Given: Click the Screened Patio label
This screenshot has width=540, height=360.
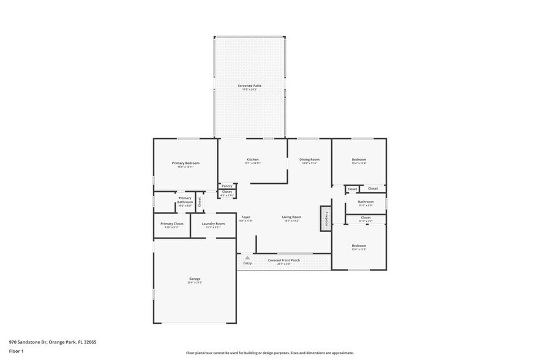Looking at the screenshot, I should tap(250, 86).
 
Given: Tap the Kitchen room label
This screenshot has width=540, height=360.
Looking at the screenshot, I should tap(253, 159).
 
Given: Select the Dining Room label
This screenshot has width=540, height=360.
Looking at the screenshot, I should tap(309, 159).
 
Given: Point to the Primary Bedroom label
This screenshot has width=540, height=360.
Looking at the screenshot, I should tap(186, 163).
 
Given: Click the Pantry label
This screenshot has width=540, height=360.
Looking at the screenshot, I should tap(227, 186).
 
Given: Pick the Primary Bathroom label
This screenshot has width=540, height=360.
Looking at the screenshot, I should tap(185, 200).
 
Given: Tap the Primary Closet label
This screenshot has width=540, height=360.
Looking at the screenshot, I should tap(172, 223).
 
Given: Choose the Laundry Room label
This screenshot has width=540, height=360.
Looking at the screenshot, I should tap(213, 223).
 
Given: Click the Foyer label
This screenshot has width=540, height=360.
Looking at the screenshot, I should tap(246, 217).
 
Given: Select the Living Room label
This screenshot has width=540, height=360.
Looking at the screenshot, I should tap(291, 217).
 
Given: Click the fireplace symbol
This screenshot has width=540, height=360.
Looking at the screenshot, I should tap(326, 218).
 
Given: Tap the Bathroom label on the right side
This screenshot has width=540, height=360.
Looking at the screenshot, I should tap(366, 201).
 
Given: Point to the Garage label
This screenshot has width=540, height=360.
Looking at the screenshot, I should tap(195, 279).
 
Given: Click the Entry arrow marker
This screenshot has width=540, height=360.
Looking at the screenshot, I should tap(247, 259).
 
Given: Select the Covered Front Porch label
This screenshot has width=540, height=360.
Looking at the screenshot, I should tap(283, 260).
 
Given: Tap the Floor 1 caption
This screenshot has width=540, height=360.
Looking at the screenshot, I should tap(17, 351).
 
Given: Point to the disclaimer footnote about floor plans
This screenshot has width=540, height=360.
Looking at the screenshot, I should tap(269, 353).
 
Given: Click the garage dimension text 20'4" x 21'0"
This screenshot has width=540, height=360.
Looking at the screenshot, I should tap(195, 283).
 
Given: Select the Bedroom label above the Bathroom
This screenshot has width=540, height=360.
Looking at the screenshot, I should tap(359, 159).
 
